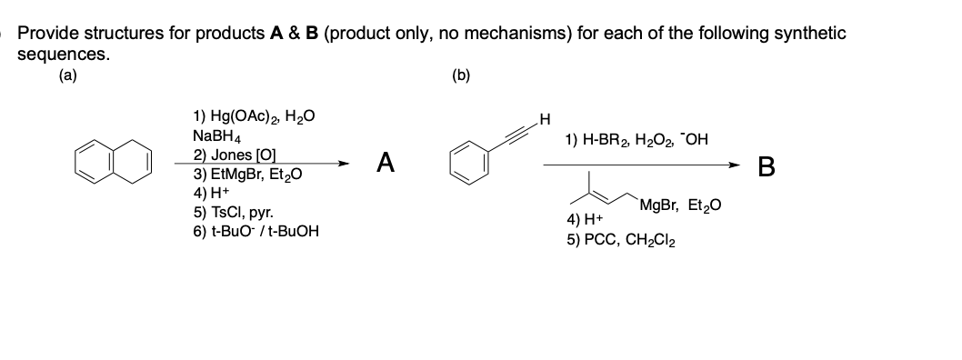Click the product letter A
click(x=386, y=163)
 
